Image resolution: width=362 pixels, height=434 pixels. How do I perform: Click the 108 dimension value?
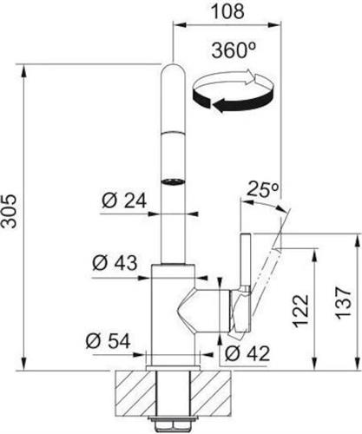227,11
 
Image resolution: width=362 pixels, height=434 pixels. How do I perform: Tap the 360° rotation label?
234,50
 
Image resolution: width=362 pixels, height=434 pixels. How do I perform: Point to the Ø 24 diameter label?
124,201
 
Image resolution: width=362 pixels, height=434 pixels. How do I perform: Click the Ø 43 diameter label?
115,263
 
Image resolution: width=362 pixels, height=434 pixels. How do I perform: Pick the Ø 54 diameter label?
108,340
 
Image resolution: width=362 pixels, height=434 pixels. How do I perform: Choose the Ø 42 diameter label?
247,353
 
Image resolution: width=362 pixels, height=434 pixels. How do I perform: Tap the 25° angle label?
263,189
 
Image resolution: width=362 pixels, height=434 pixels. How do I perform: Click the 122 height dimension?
300,311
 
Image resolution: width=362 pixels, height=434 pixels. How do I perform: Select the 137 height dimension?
344,303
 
